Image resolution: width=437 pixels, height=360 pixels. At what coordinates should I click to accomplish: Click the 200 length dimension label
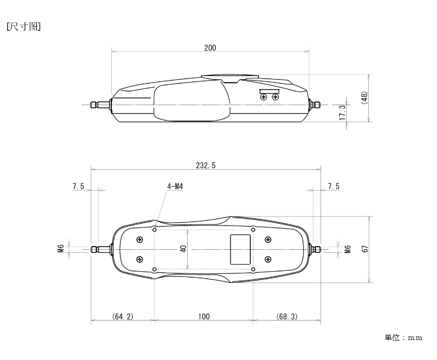click(x=210, y=48)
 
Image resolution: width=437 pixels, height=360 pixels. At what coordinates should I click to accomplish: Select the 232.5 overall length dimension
click(x=206, y=166)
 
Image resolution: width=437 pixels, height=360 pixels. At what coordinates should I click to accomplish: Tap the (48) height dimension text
click(x=364, y=98)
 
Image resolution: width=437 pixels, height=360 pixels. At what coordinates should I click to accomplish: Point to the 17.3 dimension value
click(x=342, y=112)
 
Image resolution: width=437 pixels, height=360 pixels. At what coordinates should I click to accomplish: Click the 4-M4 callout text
click(x=175, y=186)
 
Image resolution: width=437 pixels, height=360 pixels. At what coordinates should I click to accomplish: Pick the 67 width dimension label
click(x=365, y=249)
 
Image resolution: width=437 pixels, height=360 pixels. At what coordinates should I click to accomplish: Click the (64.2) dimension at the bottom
click(x=123, y=316)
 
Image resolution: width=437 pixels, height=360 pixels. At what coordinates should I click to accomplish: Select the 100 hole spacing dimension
click(x=204, y=316)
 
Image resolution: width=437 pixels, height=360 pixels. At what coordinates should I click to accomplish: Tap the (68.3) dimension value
click(x=287, y=316)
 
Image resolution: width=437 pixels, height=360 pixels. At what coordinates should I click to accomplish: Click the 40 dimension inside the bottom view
click(x=183, y=249)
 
